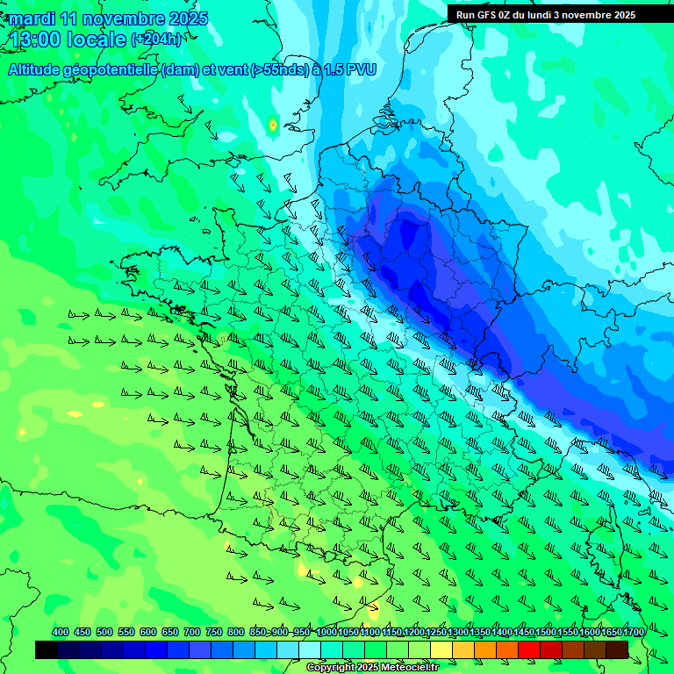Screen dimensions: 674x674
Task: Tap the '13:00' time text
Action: [35, 39]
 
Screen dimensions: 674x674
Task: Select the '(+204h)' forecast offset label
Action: [156, 39]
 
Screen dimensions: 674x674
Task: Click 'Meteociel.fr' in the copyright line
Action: [409, 668]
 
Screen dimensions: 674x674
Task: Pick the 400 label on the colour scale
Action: [61, 633]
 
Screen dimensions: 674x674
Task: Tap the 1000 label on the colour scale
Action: [326, 633]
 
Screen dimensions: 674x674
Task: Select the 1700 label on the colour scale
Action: [634, 633]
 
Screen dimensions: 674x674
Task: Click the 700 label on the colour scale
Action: [192, 633]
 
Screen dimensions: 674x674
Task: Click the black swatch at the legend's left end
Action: [47, 649]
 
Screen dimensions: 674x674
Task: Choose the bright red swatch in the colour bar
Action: [529, 649]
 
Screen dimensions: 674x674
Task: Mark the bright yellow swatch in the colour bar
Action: [441, 649]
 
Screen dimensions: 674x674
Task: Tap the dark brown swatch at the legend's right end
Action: [617, 649]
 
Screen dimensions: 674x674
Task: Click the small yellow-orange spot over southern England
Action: [273, 125]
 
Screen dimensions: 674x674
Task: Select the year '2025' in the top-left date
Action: [189, 18]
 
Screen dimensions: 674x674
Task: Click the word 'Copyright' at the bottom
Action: [331, 668]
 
